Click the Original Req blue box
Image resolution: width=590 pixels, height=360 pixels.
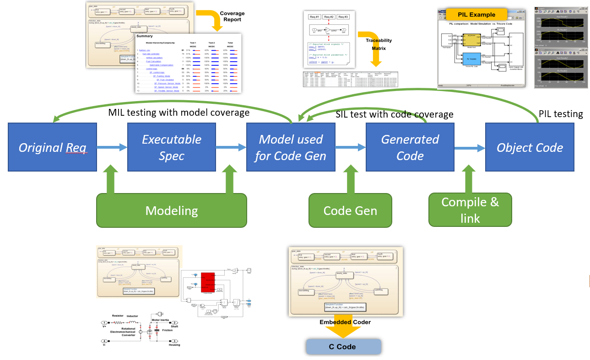[53, 147]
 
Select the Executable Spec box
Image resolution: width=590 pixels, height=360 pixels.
[172, 147]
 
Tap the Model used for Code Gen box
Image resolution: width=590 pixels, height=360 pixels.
[291, 147]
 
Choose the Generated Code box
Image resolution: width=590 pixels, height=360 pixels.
[410, 147]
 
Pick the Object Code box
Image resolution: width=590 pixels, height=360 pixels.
[530, 147]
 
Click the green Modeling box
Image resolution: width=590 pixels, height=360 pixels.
[172, 210]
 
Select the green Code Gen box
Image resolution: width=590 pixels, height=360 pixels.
[350, 210]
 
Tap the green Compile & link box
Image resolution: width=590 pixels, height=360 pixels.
[470, 210]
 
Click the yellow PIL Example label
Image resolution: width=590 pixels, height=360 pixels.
[476, 15]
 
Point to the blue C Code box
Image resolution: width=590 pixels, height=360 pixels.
[343, 346]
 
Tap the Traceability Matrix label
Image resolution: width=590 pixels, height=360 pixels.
[379, 44]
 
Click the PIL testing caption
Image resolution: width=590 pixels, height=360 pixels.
[561, 114]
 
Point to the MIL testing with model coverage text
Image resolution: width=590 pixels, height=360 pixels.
[179, 112]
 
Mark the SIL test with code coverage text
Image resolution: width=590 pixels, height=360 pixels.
[395, 114]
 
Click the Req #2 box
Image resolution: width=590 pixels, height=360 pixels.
[329, 16]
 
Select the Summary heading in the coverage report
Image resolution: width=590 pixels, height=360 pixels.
[145, 36]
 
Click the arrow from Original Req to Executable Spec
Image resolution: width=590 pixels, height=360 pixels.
[112, 147]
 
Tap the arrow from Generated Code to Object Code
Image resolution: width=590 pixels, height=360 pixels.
[469, 147]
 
